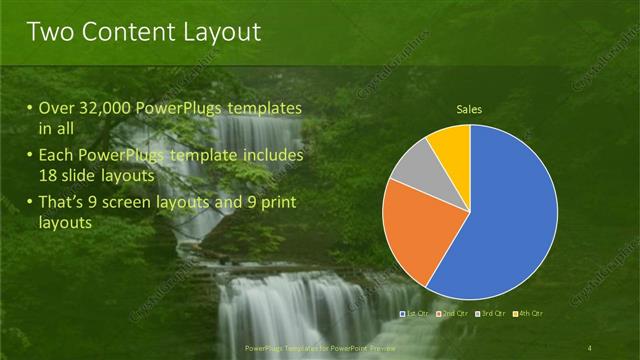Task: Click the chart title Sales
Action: pyautogui.click(x=470, y=108)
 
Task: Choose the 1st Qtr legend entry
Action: pyautogui.click(x=414, y=314)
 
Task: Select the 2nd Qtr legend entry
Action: pyautogui.click(x=452, y=314)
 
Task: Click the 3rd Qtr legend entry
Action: pyautogui.click(x=491, y=314)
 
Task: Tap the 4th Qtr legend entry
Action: pyautogui.click(x=529, y=314)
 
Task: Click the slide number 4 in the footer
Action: pyautogui.click(x=590, y=347)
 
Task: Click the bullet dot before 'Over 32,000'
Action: pyautogui.click(x=30, y=108)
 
